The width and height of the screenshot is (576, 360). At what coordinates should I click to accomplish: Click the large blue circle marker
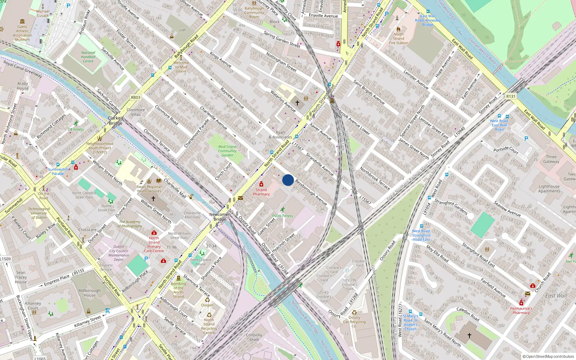pyautogui.click(x=288, y=180)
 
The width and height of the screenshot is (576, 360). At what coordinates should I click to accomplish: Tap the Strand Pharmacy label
pyautogui.click(x=261, y=192)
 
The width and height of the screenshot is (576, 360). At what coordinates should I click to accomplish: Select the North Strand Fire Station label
pyautogui.click(x=399, y=39)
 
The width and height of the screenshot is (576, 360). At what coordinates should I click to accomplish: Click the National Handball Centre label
pyautogui.click(x=88, y=57)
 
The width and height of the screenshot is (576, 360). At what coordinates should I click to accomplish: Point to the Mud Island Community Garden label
pyautogui.click(x=227, y=151)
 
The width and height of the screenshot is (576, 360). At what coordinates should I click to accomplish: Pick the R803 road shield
pyautogui.click(x=136, y=98)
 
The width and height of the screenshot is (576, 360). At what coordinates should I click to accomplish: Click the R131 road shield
pyautogui.click(x=511, y=96)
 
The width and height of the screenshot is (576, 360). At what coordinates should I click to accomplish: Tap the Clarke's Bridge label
pyautogui.click(x=116, y=121)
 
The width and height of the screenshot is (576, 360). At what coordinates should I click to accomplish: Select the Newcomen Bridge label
pyautogui.click(x=220, y=217)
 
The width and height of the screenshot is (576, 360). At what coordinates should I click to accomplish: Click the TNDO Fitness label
pyautogui.click(x=282, y=216)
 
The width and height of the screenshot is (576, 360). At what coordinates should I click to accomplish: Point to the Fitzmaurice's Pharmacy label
pyautogui.click(x=521, y=311)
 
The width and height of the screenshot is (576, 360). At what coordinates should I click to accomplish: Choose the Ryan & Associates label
pyautogui.click(x=280, y=135)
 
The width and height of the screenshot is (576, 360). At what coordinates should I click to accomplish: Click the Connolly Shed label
pyautogui.click(x=254, y=337)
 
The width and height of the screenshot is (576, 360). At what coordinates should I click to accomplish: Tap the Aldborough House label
pyautogui.click(x=90, y=293)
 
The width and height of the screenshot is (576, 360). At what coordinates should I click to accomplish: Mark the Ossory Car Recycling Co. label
pyautogui.click(x=354, y=322)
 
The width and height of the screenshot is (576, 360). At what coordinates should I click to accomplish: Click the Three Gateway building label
pyautogui.click(x=551, y=159)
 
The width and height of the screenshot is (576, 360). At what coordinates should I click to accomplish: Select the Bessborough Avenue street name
pyautogui.click(x=311, y=192)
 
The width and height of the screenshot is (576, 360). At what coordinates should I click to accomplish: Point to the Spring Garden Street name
pyautogui.click(x=282, y=39)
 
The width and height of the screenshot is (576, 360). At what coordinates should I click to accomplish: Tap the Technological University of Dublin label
pyautogui.click(x=39, y=213)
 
